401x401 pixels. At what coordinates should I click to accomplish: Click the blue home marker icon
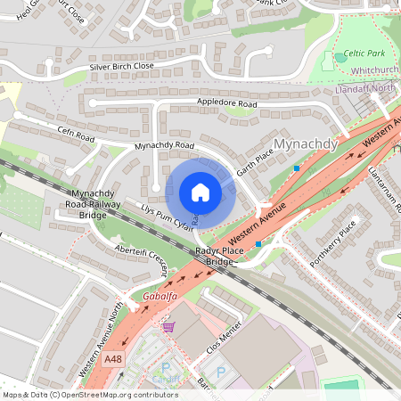click(200, 192)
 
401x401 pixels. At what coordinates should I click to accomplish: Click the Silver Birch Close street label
click(121, 67)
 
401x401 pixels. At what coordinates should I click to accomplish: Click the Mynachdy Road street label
click(163, 144)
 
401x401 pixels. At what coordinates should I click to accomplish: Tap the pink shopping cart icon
click(168, 328)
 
